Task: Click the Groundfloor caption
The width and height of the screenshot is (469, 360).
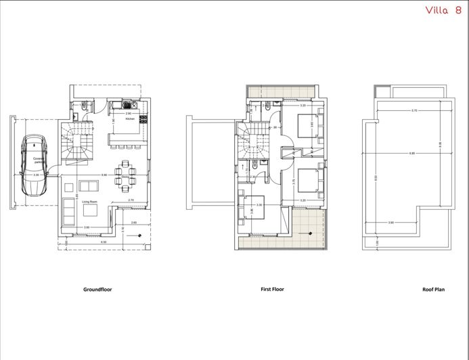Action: [97, 289]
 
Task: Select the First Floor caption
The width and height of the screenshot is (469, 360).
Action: [272, 289]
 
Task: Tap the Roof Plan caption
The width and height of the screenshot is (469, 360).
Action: [432, 289]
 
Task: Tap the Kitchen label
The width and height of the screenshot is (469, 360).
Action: [131, 118]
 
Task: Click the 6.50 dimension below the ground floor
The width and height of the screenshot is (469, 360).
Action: [104, 242]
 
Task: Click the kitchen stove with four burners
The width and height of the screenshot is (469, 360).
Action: [127, 104]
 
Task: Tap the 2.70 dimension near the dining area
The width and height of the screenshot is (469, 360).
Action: [131, 200]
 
